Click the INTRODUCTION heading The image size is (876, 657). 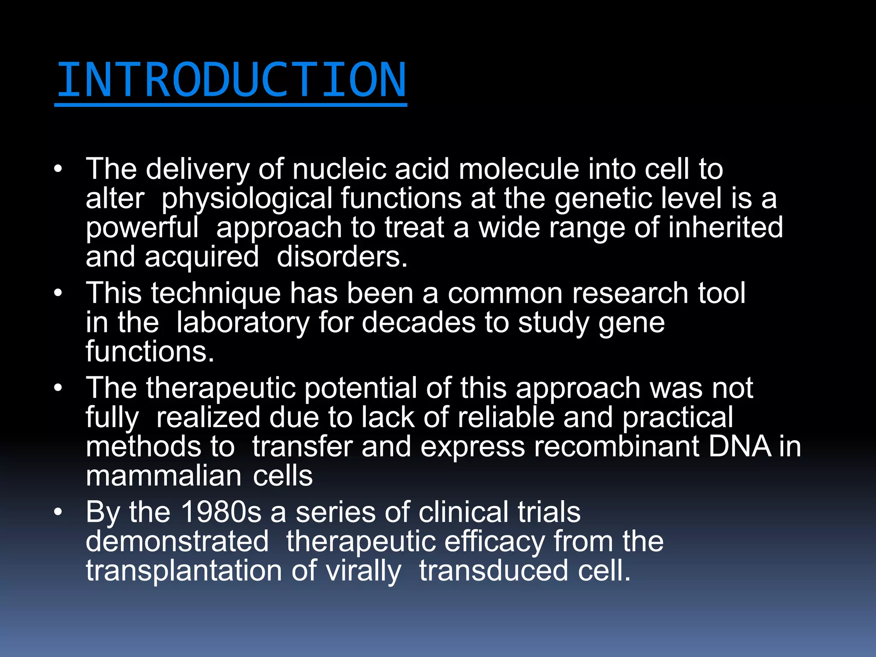[231, 80]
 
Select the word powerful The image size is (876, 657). [142, 228]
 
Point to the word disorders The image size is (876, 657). [342, 257]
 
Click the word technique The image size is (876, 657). [216, 293]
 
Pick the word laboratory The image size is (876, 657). [243, 323]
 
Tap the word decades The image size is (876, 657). [418, 323]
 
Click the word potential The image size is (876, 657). [360, 388]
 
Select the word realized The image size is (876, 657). [208, 417]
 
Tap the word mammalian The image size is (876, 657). [164, 476]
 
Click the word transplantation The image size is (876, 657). [183, 571]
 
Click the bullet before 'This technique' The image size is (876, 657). [58, 293]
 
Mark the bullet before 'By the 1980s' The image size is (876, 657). [58, 512]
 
